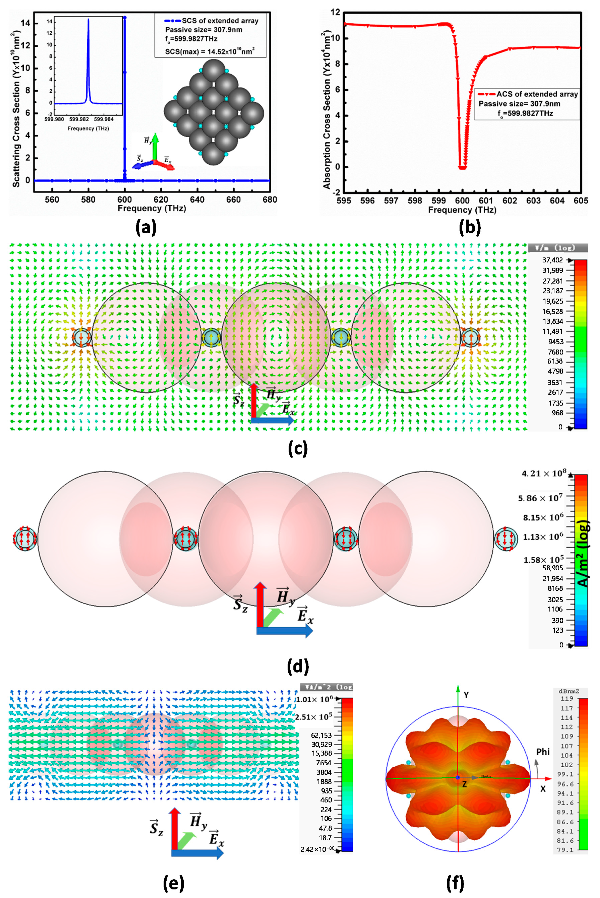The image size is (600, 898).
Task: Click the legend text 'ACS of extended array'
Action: pyautogui.click(x=537, y=94)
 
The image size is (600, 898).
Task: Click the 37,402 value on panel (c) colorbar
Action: pyautogui.click(x=553, y=260)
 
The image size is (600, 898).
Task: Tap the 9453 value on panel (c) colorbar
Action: pyautogui.click(x=556, y=341)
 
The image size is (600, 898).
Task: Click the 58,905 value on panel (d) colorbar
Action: pyautogui.click(x=553, y=568)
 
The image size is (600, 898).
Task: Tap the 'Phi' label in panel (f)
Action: pyautogui.click(x=543, y=751)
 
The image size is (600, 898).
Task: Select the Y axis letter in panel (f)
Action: pyautogui.click(x=466, y=695)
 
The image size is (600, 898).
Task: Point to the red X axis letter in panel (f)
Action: pyautogui.click(x=543, y=788)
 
